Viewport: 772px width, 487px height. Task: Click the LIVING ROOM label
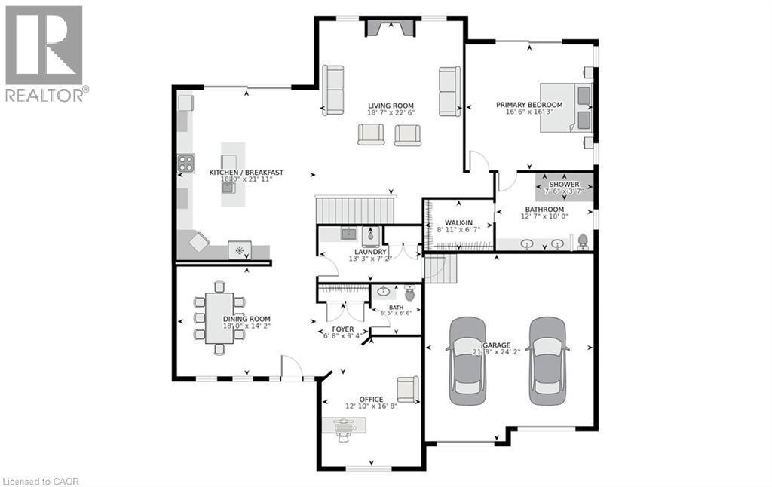point(391,106)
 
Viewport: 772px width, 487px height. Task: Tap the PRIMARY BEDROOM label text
point(528,105)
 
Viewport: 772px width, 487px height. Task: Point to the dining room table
point(219,317)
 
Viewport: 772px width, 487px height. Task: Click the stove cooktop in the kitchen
point(185,163)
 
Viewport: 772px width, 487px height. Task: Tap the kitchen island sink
point(228,187)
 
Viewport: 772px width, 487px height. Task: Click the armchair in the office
point(407,388)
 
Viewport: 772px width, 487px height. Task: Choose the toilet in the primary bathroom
point(582,241)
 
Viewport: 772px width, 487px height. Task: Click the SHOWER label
point(564,185)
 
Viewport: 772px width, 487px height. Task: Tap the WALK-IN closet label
point(458,223)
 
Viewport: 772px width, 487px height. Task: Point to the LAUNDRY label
point(371,252)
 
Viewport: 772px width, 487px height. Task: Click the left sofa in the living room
point(332,90)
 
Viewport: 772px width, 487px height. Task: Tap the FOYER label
point(342,329)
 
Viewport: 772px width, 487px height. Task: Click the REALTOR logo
point(45,53)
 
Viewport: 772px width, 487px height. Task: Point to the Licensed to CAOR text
point(41,480)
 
